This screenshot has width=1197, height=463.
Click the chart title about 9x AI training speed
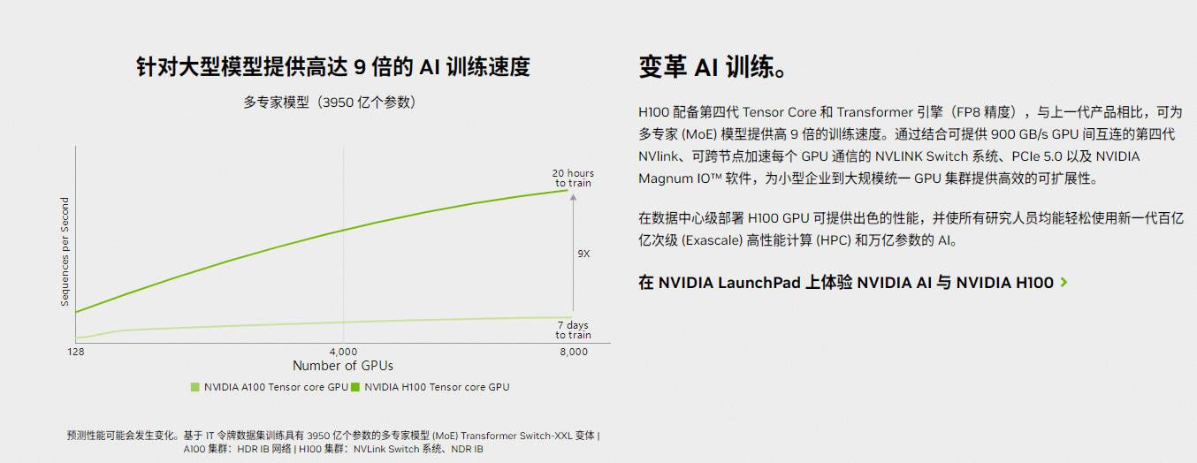[x=333, y=67]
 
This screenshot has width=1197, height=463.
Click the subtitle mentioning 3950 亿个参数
[x=330, y=102]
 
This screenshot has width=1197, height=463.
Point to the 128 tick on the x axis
[x=76, y=352]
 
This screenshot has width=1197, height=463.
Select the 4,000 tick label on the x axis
[x=343, y=352]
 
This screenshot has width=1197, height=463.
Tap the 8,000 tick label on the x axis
[x=573, y=352]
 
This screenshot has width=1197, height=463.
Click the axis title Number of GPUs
[x=343, y=366]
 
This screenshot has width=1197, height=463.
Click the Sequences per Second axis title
[x=65, y=252]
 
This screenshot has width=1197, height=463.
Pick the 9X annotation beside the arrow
[x=583, y=254]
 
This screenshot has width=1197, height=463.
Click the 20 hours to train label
[x=573, y=178]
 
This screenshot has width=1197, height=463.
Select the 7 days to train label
[x=573, y=330]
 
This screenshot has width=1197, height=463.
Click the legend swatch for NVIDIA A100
[x=195, y=387]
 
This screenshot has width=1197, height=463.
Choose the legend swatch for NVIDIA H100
[x=355, y=387]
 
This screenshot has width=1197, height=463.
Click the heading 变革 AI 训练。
[x=712, y=67]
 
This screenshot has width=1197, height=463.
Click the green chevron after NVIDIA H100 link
[x=1064, y=283]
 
